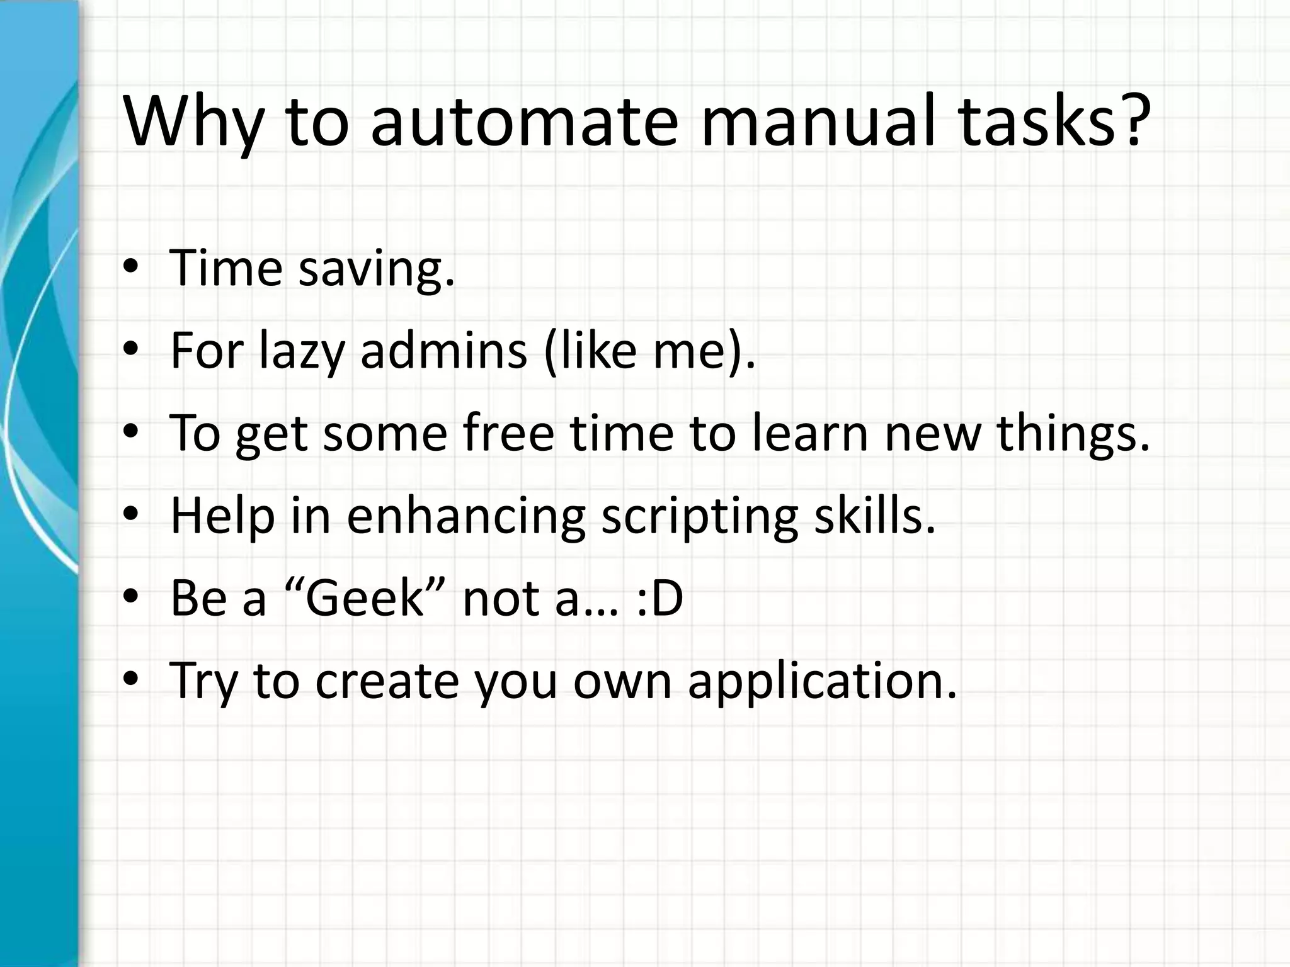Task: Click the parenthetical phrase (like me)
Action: click(x=649, y=351)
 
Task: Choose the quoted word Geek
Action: click(x=366, y=598)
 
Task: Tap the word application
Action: click(x=822, y=682)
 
